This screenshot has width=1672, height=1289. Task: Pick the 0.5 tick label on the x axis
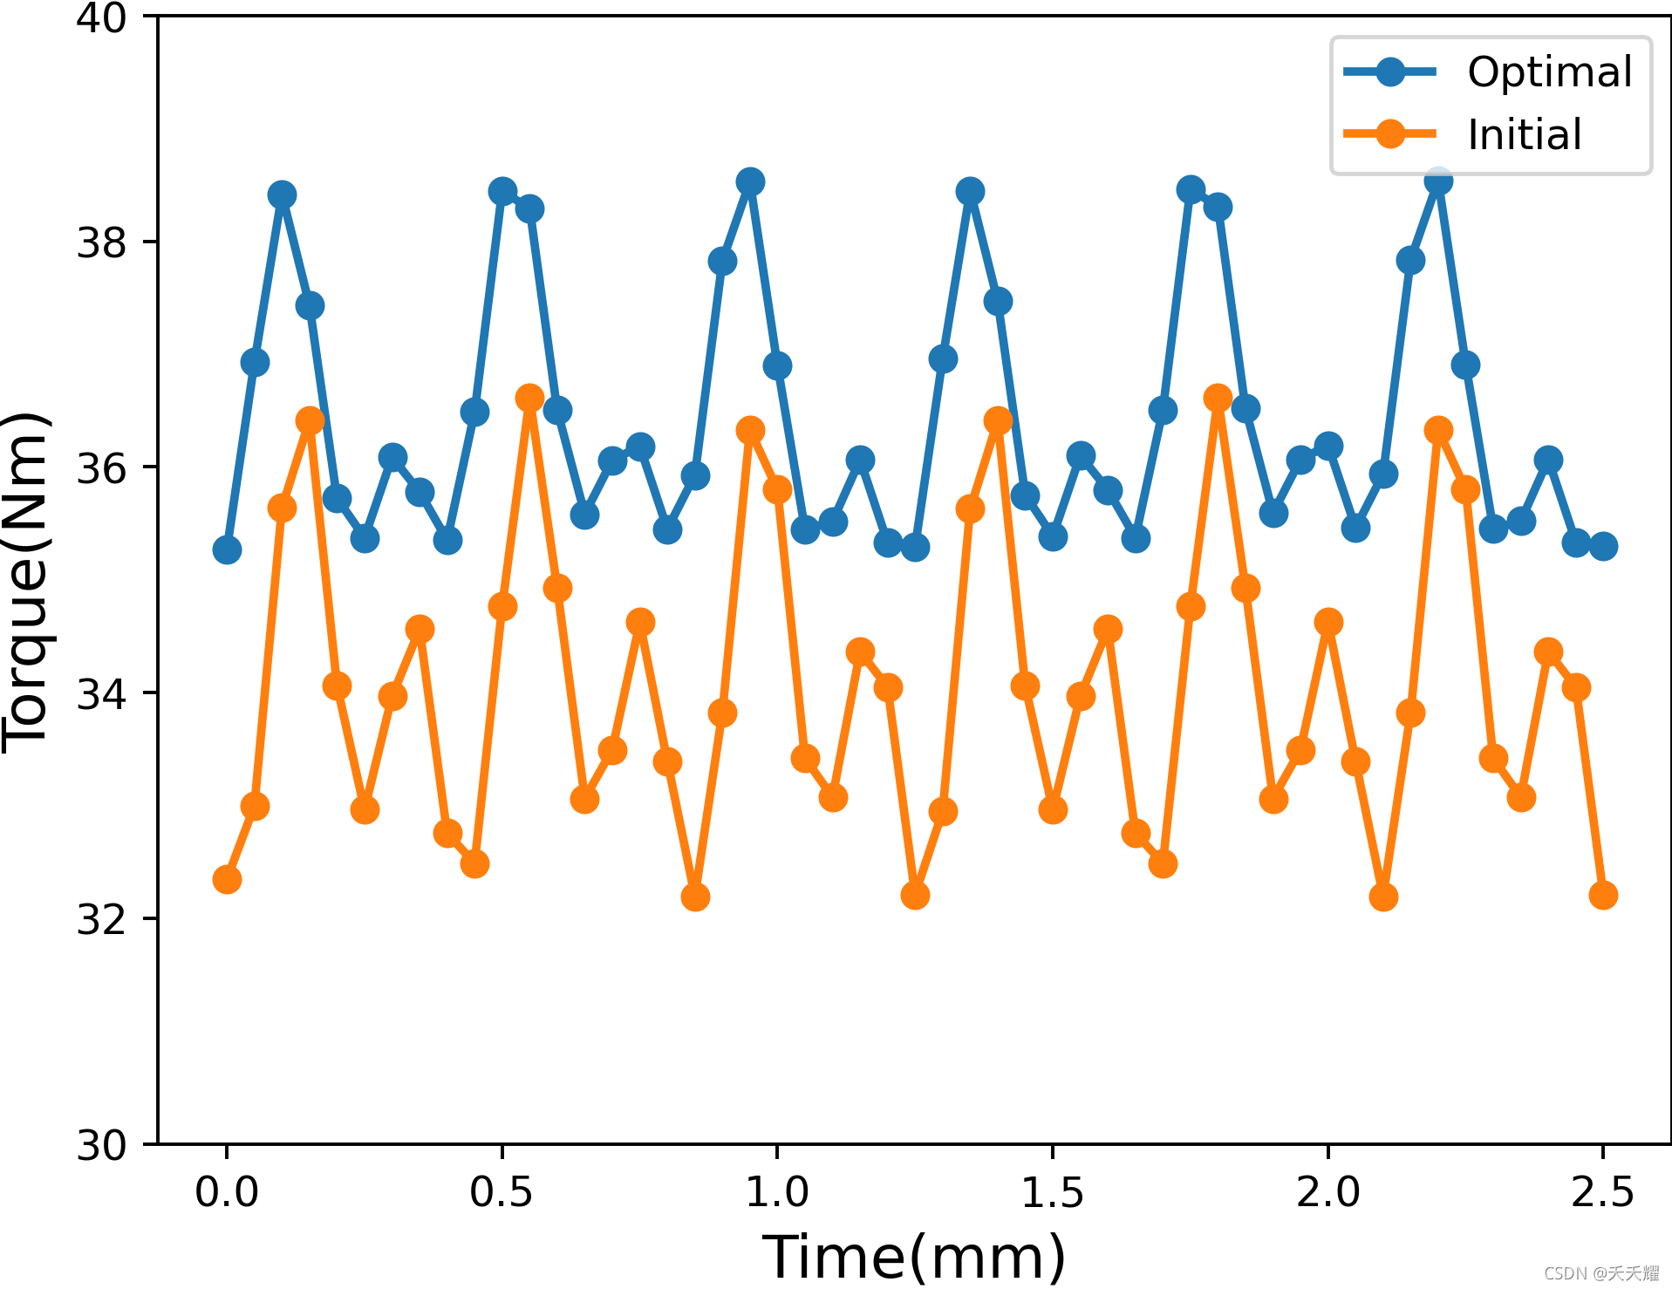501,1191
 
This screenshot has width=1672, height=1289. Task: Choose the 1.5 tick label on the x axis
1052,1191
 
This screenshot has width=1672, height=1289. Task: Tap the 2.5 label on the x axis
1602,1191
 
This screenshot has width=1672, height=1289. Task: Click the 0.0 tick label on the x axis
227,1191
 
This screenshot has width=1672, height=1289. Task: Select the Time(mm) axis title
914,1257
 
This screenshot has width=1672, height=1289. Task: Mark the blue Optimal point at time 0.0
227,549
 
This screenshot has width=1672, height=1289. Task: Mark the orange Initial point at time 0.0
227,879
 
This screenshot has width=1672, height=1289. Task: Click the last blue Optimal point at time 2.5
1603,547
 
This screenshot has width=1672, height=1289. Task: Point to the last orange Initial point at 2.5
1603,895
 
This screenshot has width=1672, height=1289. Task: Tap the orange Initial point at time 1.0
777,489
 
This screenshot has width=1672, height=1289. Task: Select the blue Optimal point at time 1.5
1053,536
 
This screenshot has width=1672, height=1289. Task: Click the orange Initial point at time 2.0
1328,622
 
